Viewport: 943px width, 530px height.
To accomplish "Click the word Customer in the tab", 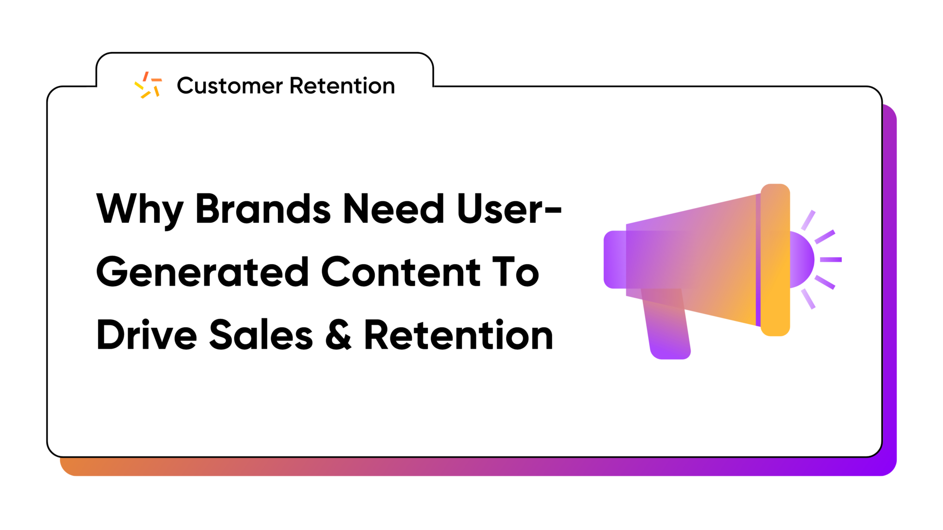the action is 230,86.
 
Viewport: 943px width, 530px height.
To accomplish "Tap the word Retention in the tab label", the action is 342,86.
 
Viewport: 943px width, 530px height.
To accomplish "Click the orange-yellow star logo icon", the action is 148,85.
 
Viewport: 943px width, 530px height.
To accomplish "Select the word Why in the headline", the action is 139,210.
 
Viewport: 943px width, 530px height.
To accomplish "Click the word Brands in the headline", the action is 263,209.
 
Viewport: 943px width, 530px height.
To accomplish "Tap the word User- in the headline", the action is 509,209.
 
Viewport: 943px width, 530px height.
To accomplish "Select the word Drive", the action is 146,335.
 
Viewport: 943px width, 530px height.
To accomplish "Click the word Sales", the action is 261,335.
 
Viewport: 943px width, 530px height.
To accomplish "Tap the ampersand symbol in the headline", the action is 338,335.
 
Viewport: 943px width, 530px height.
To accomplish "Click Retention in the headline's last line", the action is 459,335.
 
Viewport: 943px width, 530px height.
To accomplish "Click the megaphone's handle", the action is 666,324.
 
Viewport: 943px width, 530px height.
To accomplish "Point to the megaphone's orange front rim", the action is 775,260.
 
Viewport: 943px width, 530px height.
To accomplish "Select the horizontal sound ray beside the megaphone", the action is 831,260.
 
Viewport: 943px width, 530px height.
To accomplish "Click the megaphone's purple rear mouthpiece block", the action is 615,260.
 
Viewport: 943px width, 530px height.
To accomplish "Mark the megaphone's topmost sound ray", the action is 808,220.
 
